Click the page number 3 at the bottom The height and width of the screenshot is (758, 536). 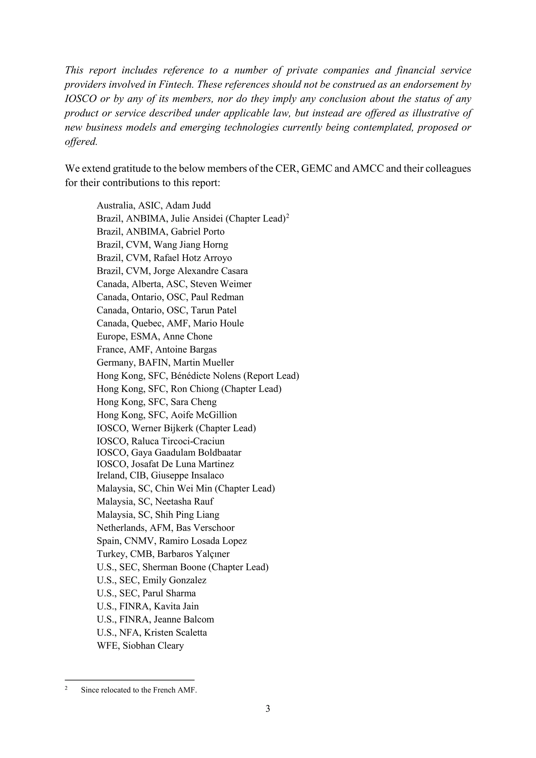[268, 709]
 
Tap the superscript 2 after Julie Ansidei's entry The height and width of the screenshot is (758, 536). [287, 216]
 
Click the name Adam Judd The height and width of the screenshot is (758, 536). [188, 206]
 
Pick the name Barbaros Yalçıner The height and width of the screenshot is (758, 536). [193, 554]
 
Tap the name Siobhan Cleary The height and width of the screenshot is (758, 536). [153, 645]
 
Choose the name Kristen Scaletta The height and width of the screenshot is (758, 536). [175, 633]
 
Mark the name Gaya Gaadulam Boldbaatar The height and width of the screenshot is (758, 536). [186, 453]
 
